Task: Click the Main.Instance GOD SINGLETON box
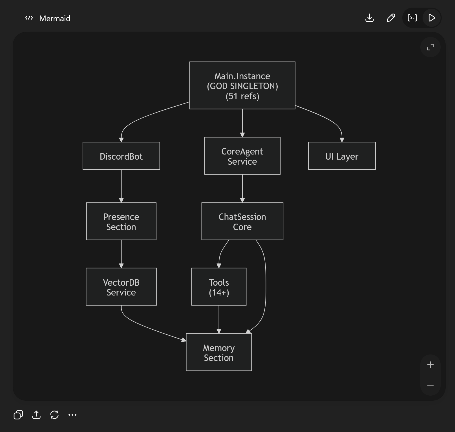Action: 242,85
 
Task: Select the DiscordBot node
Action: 121,156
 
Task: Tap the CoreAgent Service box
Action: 242,156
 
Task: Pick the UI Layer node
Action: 342,156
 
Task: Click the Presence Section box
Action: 121,221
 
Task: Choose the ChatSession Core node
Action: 242,221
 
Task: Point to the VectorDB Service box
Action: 121,287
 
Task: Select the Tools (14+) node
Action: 219,287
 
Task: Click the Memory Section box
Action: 219,352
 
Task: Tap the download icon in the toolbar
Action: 370,18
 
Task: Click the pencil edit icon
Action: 391,18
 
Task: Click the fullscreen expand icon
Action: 430,47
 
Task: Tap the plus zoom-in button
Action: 430,365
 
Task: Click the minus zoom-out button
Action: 430,385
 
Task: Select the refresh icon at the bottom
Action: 54,415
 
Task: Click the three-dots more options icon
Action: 72,415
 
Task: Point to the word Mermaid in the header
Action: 55,19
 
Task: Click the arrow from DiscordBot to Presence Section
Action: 121,186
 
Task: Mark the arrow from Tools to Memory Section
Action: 219,319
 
